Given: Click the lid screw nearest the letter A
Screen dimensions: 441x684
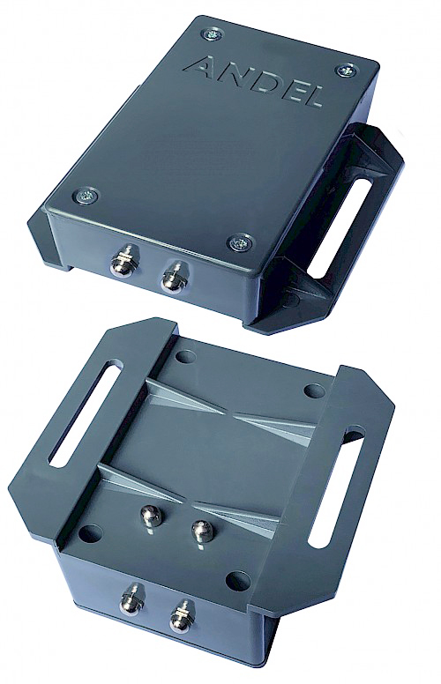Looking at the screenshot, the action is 213,33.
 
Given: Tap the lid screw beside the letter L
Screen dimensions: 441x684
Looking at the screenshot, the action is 345,70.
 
